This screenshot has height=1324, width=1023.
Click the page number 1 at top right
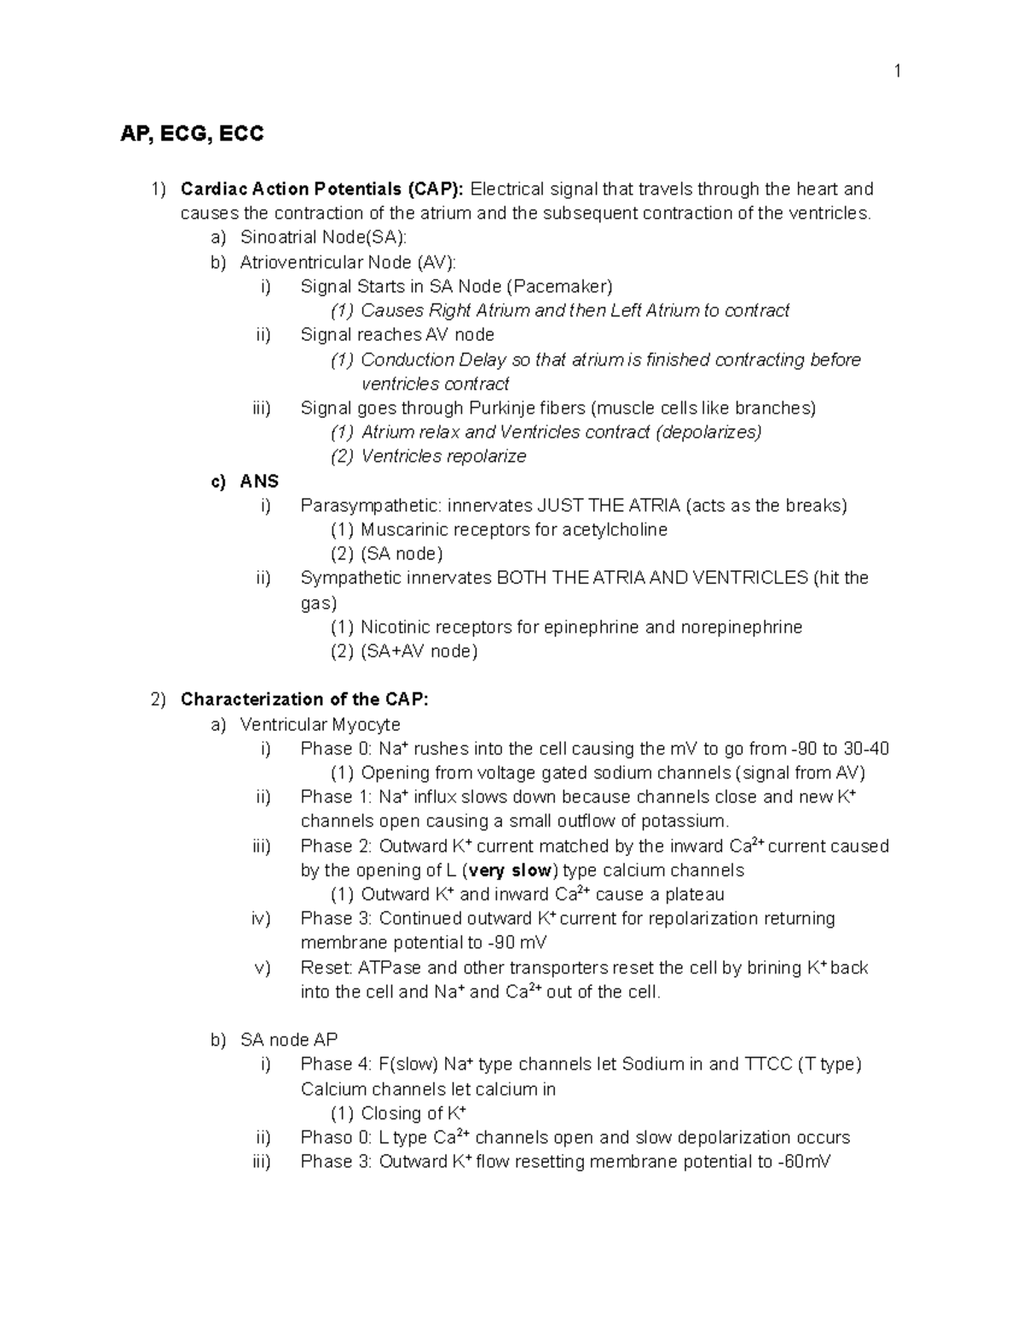[897, 72]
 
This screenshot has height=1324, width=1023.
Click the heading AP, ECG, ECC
[192, 134]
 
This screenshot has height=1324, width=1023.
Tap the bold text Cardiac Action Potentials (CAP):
[322, 188]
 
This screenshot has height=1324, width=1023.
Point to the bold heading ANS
[259, 481]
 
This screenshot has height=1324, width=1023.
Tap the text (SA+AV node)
[419, 651]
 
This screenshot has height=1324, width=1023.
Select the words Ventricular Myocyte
[320, 725]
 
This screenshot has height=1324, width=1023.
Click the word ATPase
[389, 968]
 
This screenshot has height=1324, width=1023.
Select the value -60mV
[804, 1161]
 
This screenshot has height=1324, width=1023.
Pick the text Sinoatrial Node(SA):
[317, 237]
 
